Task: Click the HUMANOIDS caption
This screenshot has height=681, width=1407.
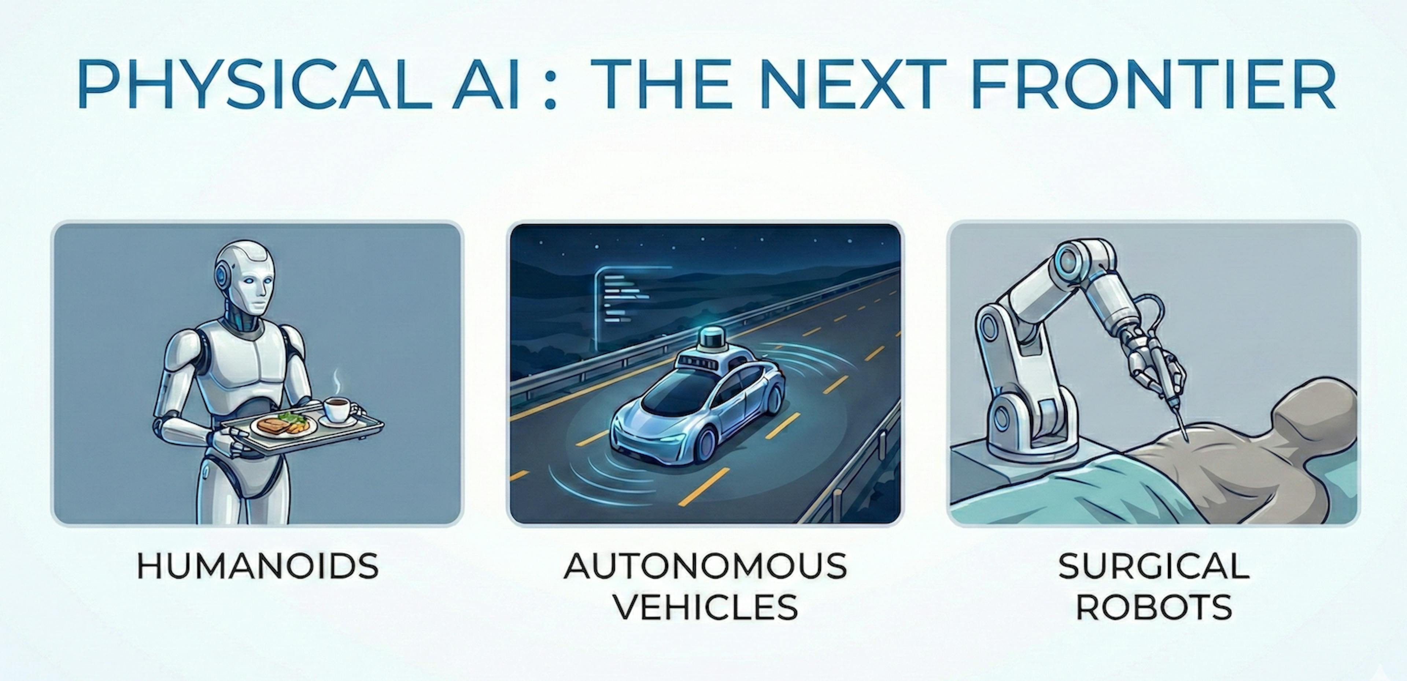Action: (x=257, y=566)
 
